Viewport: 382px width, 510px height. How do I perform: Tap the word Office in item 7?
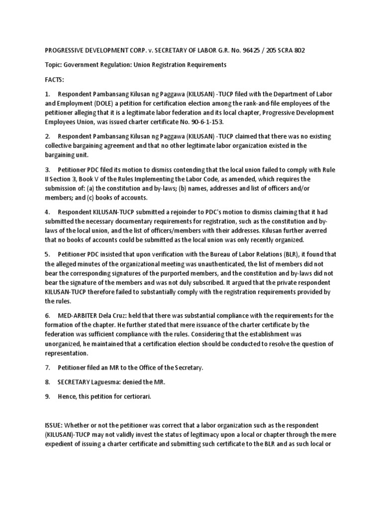point(148,368)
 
